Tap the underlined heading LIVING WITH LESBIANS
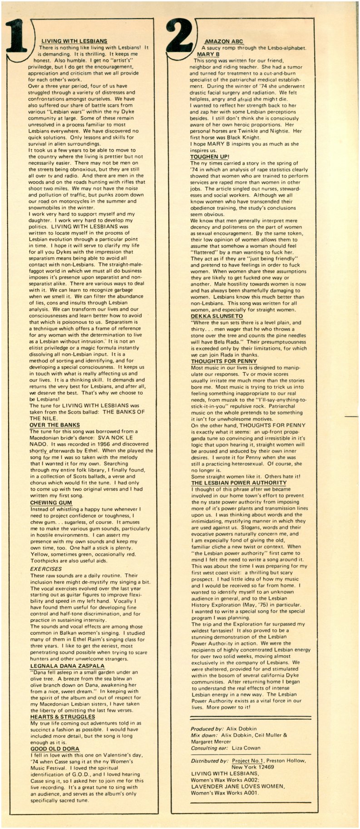coord(74,41)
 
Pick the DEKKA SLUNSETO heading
coord(217,316)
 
